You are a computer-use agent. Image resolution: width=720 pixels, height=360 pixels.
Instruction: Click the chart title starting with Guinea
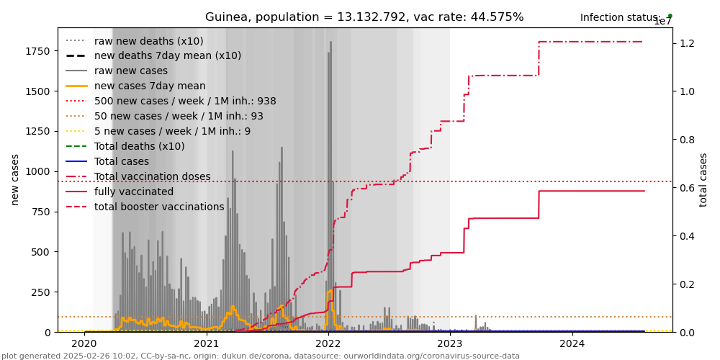click(364, 17)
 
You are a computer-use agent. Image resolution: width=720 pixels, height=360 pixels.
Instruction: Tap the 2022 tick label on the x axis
click(328, 343)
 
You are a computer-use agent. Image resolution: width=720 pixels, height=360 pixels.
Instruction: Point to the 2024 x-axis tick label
click(572, 343)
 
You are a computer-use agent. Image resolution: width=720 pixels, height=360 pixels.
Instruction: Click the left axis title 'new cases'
click(15, 179)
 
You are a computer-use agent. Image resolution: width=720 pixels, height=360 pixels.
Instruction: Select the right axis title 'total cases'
click(703, 179)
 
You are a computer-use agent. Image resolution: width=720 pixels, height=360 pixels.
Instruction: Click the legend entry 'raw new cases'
click(130, 71)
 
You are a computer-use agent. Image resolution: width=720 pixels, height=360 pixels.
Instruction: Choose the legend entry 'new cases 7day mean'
click(150, 86)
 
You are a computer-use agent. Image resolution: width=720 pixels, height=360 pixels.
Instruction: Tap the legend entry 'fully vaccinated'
click(134, 192)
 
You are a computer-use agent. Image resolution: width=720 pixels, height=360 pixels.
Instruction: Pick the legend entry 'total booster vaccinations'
click(159, 207)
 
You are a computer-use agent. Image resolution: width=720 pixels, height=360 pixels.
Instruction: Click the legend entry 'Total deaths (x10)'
click(139, 146)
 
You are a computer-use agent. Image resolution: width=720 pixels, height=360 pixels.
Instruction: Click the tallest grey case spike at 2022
click(330, 43)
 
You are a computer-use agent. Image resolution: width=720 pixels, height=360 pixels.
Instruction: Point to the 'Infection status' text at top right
click(620, 17)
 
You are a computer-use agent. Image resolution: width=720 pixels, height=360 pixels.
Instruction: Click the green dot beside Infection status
click(670, 15)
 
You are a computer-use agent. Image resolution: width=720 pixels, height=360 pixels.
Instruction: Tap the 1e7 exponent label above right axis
click(662, 22)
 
